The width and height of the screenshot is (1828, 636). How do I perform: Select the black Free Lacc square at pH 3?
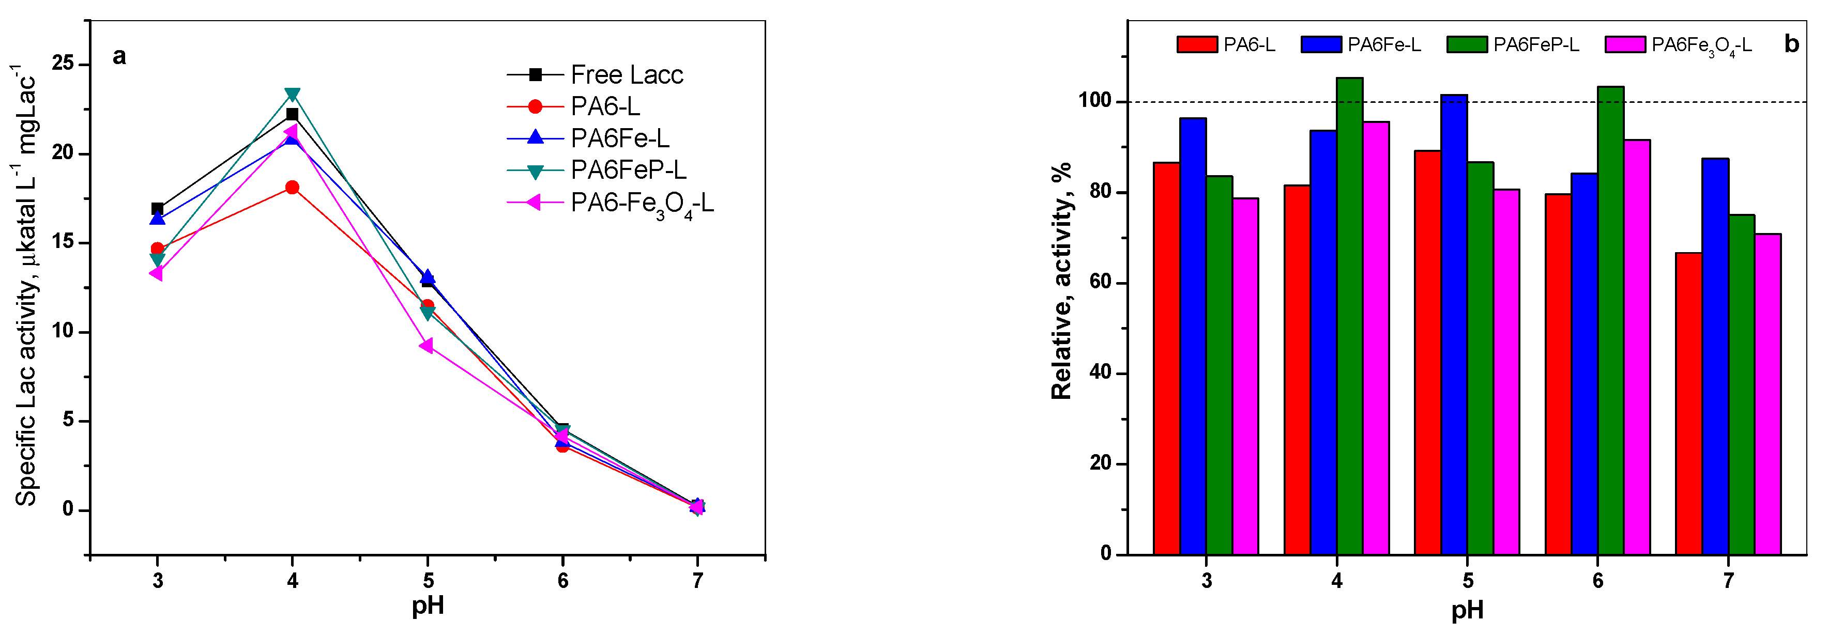tap(158, 208)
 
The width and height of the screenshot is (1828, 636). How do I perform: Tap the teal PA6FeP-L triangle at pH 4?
tap(292, 95)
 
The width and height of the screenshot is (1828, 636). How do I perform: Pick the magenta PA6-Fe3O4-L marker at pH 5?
tap(426, 346)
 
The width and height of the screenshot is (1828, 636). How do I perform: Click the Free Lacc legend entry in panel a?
tap(626, 74)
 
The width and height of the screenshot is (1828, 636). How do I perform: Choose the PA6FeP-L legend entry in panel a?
tap(628, 170)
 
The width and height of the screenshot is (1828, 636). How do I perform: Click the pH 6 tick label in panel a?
tap(563, 581)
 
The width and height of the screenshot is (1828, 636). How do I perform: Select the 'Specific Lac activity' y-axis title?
tap(26, 284)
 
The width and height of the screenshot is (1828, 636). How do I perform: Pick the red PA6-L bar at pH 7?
tap(1688, 404)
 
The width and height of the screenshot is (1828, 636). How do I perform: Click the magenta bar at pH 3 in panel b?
tap(1245, 376)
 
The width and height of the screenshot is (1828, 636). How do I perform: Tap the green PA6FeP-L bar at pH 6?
tap(1610, 320)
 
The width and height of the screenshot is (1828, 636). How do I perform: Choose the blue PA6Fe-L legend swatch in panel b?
tap(1321, 44)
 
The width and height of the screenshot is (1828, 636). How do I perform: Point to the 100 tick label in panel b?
tap(1094, 101)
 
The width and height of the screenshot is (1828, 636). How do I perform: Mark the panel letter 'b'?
tap(1792, 44)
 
